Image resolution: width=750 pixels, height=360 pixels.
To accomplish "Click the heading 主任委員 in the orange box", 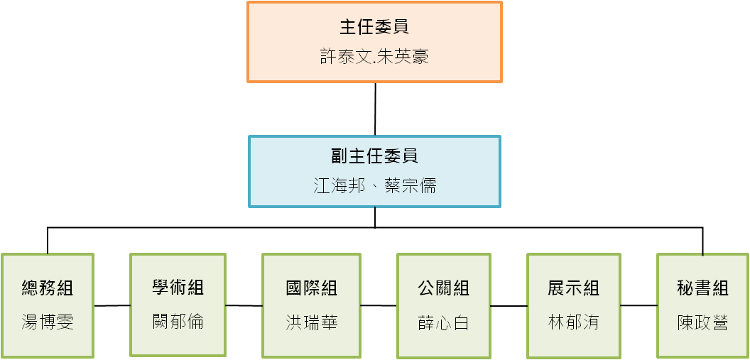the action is tap(374, 27).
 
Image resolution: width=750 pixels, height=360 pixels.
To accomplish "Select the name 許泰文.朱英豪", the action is tap(374, 57).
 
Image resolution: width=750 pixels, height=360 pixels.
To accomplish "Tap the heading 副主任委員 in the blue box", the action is tap(374, 156).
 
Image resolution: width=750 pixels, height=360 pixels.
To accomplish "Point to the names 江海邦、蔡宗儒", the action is tap(374, 185).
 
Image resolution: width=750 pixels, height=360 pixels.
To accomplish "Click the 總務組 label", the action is tap(48, 288).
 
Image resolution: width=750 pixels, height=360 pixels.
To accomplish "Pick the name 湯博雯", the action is tap(48, 322).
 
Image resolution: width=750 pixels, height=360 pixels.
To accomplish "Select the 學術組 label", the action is tap(178, 288).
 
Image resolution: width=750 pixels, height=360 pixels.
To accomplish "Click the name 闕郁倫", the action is tap(178, 321).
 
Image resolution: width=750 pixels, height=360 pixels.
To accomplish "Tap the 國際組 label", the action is tap(311, 288).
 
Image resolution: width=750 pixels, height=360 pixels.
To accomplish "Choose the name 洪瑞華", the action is tap(311, 322).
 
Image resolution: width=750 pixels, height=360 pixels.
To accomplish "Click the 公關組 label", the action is tap(443, 288).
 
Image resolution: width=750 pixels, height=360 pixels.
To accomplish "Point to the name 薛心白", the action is tap(443, 322).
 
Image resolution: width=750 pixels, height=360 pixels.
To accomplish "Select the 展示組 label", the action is tap(573, 288).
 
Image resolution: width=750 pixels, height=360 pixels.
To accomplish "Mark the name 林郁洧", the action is tap(573, 322).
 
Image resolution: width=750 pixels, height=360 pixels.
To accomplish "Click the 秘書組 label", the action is tap(702, 288).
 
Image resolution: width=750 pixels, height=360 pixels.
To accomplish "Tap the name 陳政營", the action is tap(702, 322).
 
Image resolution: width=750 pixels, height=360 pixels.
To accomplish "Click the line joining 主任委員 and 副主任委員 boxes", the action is tap(375, 109).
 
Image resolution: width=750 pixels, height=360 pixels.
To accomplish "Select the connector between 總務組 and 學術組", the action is tap(112, 305).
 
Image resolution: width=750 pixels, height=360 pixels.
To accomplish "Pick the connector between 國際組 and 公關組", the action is tap(379, 305).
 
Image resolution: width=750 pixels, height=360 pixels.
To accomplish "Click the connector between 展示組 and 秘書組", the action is tap(639, 305).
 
